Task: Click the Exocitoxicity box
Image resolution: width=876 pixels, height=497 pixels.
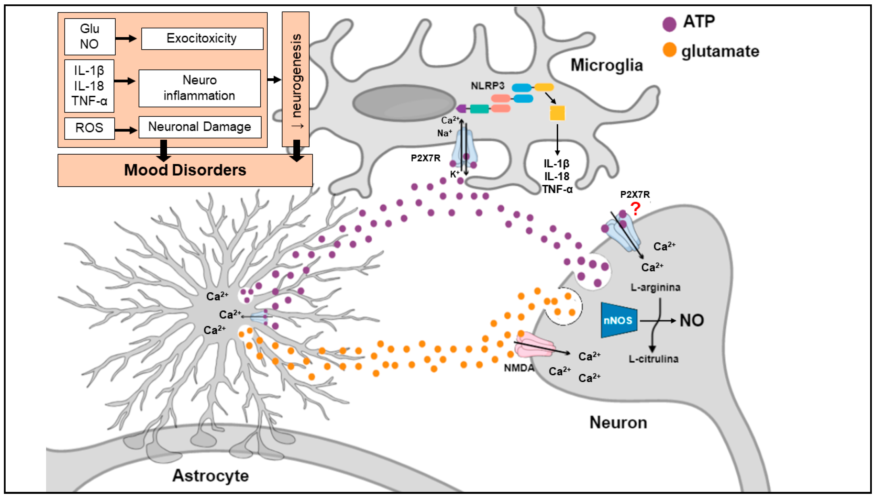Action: [202, 39]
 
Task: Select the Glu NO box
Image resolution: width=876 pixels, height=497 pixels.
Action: [90, 37]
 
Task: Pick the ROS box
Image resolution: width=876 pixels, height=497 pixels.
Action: [90, 128]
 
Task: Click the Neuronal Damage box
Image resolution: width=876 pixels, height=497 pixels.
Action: [200, 127]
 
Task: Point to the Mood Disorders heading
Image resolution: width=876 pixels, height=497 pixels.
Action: [185, 170]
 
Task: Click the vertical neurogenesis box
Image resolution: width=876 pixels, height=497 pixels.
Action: [296, 79]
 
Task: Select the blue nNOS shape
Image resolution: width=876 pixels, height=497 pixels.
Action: [619, 320]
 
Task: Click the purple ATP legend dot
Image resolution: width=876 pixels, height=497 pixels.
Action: [669, 24]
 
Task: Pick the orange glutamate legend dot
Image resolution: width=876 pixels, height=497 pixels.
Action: [669, 50]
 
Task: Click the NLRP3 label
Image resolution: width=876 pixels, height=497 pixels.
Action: [487, 86]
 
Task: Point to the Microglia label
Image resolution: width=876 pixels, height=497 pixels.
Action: [607, 65]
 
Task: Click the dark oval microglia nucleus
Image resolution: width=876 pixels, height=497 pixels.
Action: [404, 103]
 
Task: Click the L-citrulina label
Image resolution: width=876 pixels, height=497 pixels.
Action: [653, 359]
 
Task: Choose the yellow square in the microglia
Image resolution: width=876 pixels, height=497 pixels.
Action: [557, 113]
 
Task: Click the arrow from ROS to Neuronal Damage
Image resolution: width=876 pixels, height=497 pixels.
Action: [126, 130]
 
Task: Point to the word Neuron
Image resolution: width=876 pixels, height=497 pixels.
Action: [618, 423]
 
